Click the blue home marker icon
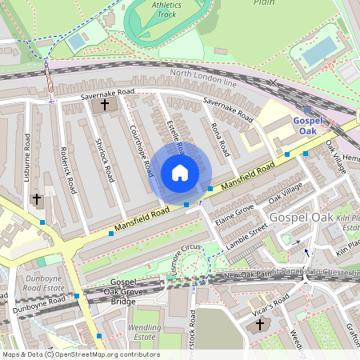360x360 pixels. [x=180, y=172]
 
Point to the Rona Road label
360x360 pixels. [x=218, y=138]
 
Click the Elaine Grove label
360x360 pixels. [x=233, y=208]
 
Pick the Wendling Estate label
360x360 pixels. [x=145, y=332]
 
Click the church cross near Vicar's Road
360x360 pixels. [x=258, y=325]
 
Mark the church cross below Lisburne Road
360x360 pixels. [x=35, y=198]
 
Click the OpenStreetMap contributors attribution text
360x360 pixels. [x=80, y=354]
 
